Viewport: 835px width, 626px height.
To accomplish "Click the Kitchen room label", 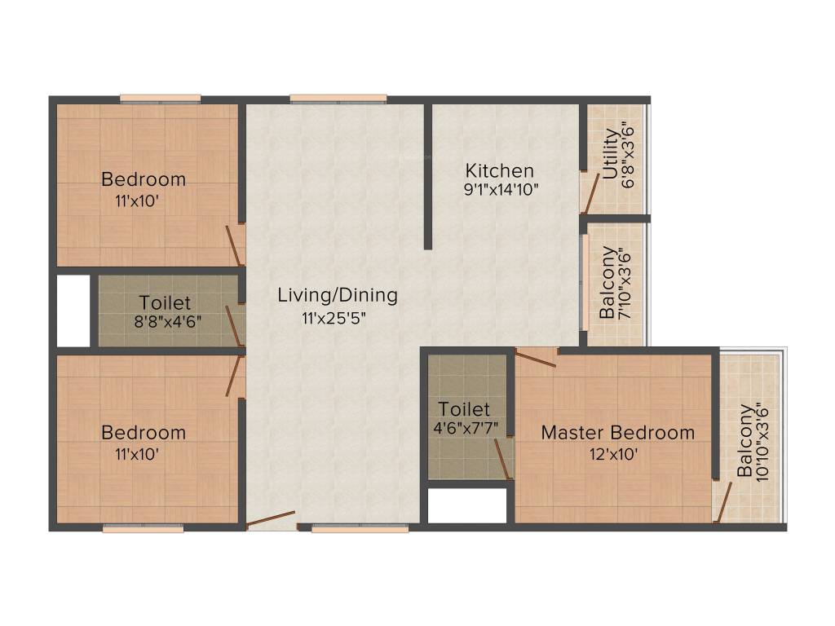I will pos(499,171).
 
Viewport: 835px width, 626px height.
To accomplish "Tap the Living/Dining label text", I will pos(338,295).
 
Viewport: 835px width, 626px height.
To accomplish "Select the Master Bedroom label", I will pos(618,433).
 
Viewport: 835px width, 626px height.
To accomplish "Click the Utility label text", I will pos(611,154).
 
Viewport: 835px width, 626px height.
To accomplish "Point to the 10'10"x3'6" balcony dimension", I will pos(762,443).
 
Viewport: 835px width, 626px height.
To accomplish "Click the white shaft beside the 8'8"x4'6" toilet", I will pos(73,311).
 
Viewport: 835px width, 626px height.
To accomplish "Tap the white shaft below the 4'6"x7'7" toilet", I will pos(467,505).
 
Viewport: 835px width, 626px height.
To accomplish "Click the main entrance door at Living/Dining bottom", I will pos(271,520).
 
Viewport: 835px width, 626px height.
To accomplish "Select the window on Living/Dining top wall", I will pos(338,99).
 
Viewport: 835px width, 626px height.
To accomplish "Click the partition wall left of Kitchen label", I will pos(427,175).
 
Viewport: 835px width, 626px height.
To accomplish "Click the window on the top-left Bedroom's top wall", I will pos(161,99).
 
